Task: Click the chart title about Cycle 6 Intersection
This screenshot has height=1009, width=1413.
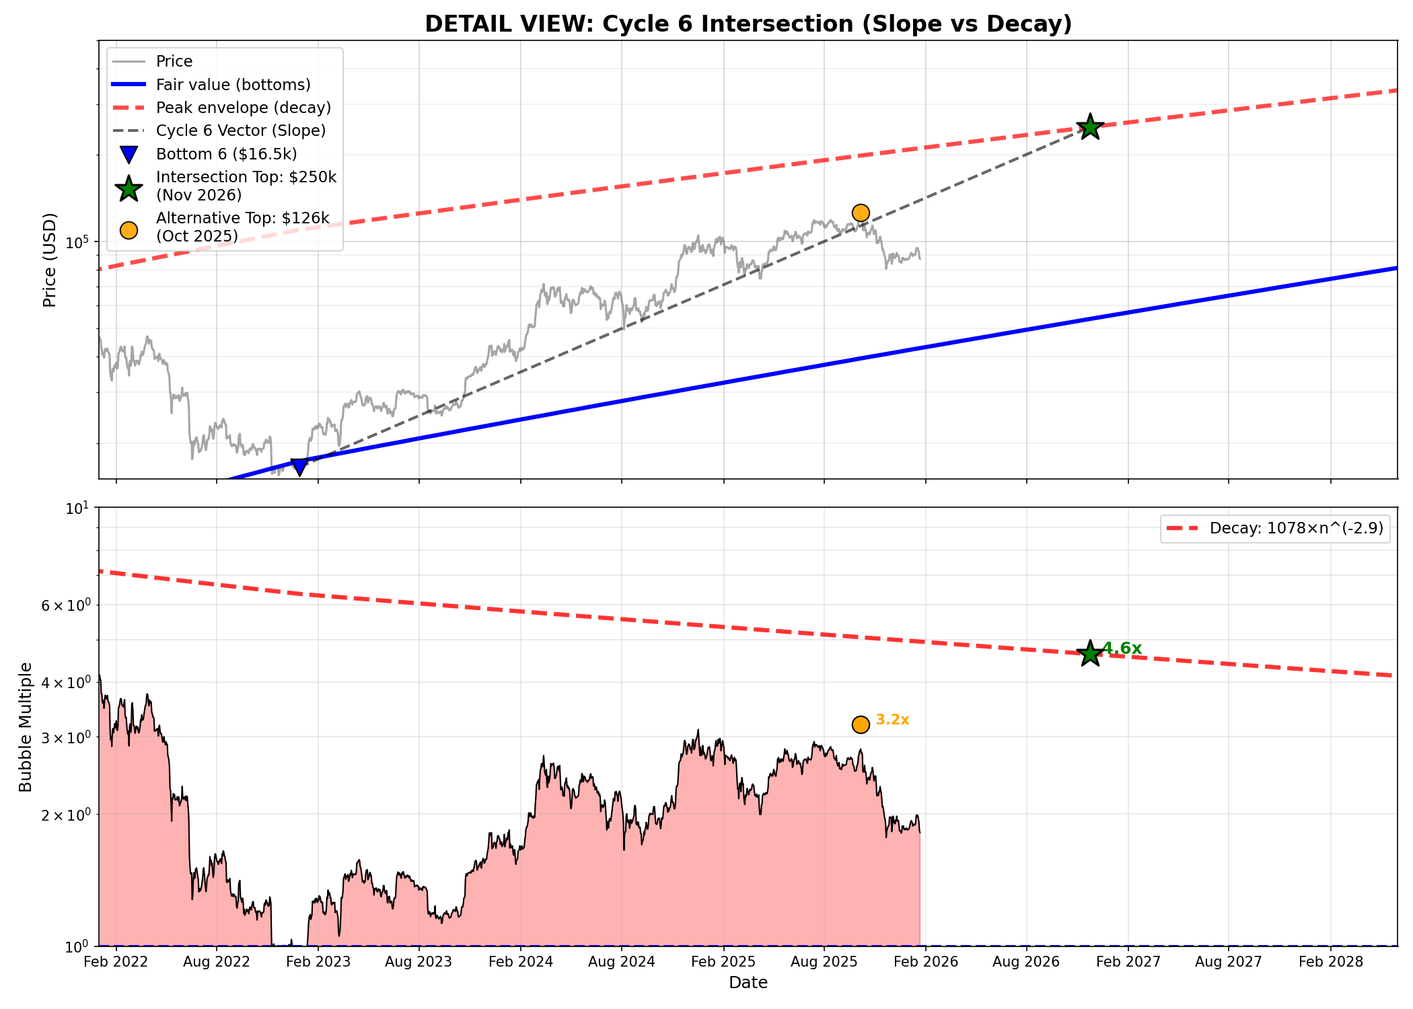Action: tap(748, 24)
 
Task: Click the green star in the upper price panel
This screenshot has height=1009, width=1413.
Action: tap(1090, 126)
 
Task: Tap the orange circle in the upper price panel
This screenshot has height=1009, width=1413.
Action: tap(861, 213)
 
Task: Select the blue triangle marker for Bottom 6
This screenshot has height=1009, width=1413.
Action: tap(299, 466)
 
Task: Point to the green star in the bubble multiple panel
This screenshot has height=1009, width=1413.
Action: tap(1090, 653)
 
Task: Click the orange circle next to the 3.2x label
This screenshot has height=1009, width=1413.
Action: tap(861, 724)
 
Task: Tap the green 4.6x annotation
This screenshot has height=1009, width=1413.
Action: tap(1122, 648)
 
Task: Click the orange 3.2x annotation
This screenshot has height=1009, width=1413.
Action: tap(892, 720)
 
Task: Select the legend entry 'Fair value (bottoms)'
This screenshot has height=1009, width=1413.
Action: tap(233, 85)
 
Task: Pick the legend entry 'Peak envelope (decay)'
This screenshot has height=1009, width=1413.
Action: tap(243, 108)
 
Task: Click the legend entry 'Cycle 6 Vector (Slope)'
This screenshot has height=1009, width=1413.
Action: tap(240, 130)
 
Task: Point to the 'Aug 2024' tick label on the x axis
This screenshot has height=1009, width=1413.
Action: tap(621, 962)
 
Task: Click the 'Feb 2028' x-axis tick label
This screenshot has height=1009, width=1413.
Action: tap(1330, 962)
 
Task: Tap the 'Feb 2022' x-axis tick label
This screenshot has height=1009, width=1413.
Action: tap(116, 962)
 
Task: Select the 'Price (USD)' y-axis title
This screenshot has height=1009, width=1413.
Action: tap(49, 260)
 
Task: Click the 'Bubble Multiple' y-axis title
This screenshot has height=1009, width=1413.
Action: tap(26, 726)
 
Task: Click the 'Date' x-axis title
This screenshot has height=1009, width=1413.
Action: tap(748, 983)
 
